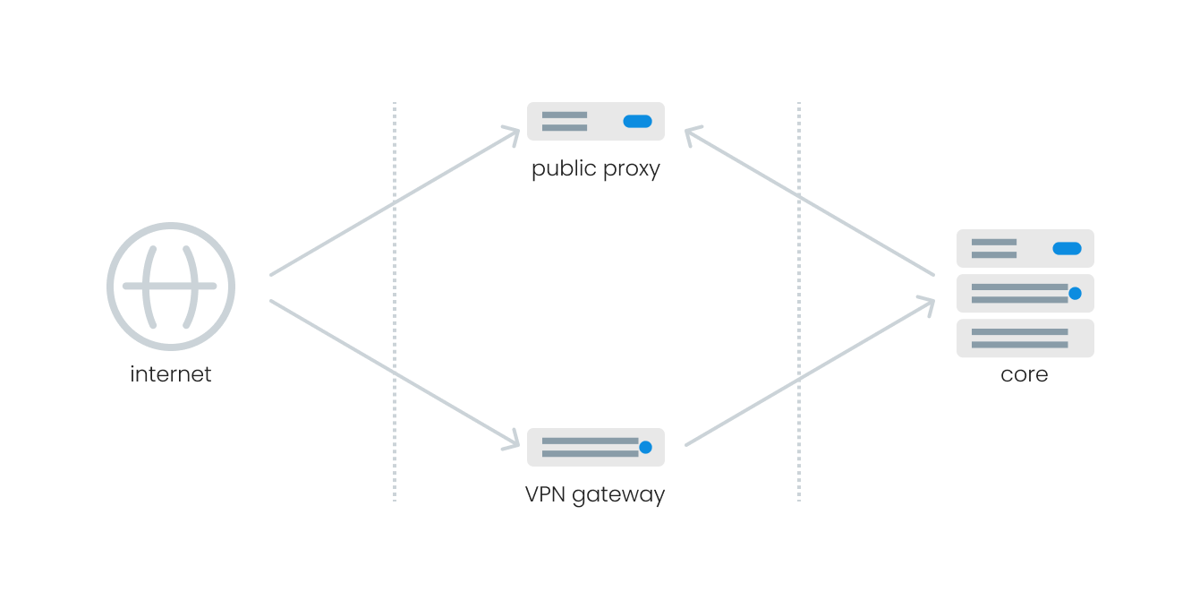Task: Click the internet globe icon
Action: tap(171, 287)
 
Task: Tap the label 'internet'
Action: tap(171, 373)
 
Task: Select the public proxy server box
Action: tap(595, 121)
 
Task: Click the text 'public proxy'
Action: tap(595, 168)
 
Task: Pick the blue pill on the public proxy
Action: tap(637, 121)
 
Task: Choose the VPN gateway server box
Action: tap(595, 447)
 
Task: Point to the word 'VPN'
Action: tap(544, 493)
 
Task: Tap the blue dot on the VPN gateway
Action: tap(645, 447)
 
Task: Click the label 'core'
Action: tap(1024, 373)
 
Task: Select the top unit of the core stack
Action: tap(1025, 248)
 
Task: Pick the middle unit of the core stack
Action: tap(1025, 293)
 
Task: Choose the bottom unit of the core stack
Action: tap(1025, 338)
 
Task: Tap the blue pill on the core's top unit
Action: tap(1067, 248)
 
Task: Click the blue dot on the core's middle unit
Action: tap(1075, 293)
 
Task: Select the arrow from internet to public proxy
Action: tap(394, 202)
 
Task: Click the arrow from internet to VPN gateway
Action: tap(394, 373)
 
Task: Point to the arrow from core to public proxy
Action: tap(810, 202)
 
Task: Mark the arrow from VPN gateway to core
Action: tap(810, 373)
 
